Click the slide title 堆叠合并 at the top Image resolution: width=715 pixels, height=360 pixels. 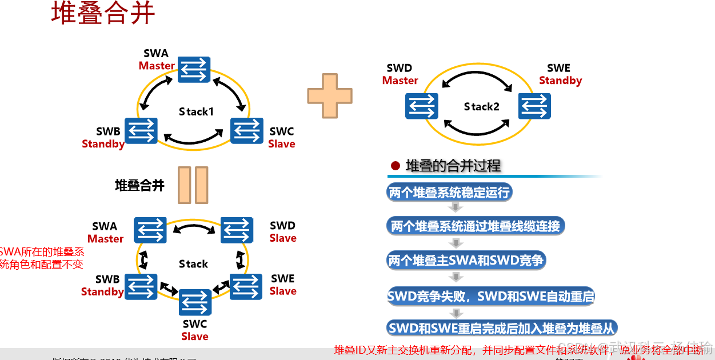pyautogui.click(x=103, y=14)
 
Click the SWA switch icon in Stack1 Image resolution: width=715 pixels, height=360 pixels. pyautogui.click(x=194, y=70)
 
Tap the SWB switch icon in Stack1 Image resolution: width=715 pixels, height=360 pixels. pyautogui.click(x=141, y=131)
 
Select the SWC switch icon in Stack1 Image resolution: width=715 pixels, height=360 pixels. pyautogui.click(x=247, y=131)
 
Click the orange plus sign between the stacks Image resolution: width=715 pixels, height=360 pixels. pyautogui.click(x=330, y=95)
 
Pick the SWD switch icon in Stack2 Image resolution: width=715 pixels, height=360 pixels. pyautogui.click(x=422, y=106)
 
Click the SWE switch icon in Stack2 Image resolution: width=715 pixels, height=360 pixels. pyautogui.click(x=534, y=106)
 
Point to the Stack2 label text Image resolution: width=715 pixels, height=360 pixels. pyautogui.click(x=481, y=107)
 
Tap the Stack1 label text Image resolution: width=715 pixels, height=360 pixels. pyautogui.click(x=196, y=111)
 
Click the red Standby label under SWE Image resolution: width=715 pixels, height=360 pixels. pyautogui.click(x=560, y=81)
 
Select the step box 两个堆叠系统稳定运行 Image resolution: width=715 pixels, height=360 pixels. pyautogui.click(x=449, y=193)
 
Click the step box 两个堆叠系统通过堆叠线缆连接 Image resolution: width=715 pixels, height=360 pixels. pyautogui.click(x=474, y=226)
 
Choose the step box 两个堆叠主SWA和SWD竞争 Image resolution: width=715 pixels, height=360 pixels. pyautogui.click(x=466, y=261)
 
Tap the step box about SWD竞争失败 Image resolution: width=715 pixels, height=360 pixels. pyautogui.click(x=490, y=297)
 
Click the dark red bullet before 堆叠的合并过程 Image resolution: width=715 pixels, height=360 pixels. pyautogui.click(x=395, y=166)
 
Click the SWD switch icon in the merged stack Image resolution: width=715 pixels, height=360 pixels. pyautogui.click(x=237, y=230)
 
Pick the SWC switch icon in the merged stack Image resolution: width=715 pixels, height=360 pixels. pyautogui.click(x=195, y=302)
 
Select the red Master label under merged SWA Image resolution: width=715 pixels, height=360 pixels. pyautogui.click(x=105, y=239)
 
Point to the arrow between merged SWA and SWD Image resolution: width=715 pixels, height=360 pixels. pyautogui.click(x=194, y=229)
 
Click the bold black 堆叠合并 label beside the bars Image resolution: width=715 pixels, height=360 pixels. pyautogui.click(x=139, y=185)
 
